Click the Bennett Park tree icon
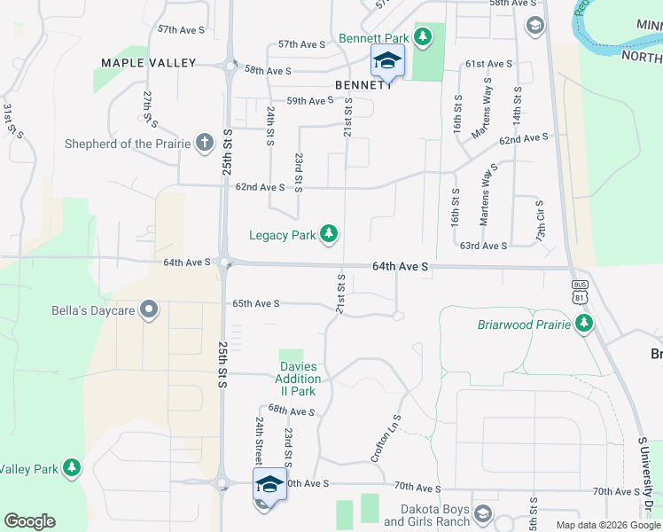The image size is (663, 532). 424,36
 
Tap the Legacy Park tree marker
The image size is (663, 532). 329,234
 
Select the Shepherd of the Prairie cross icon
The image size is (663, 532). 204,142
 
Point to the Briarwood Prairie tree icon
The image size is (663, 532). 583,325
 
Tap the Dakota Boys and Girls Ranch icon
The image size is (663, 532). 483,513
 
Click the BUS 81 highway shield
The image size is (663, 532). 580,291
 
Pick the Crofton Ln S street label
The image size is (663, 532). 386,438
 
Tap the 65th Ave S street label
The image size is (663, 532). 256,303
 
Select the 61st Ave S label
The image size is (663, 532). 488,64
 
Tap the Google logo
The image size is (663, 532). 29,521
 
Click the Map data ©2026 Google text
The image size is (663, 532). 608,525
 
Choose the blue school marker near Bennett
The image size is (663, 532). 387,61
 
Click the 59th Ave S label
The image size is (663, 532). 308,101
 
